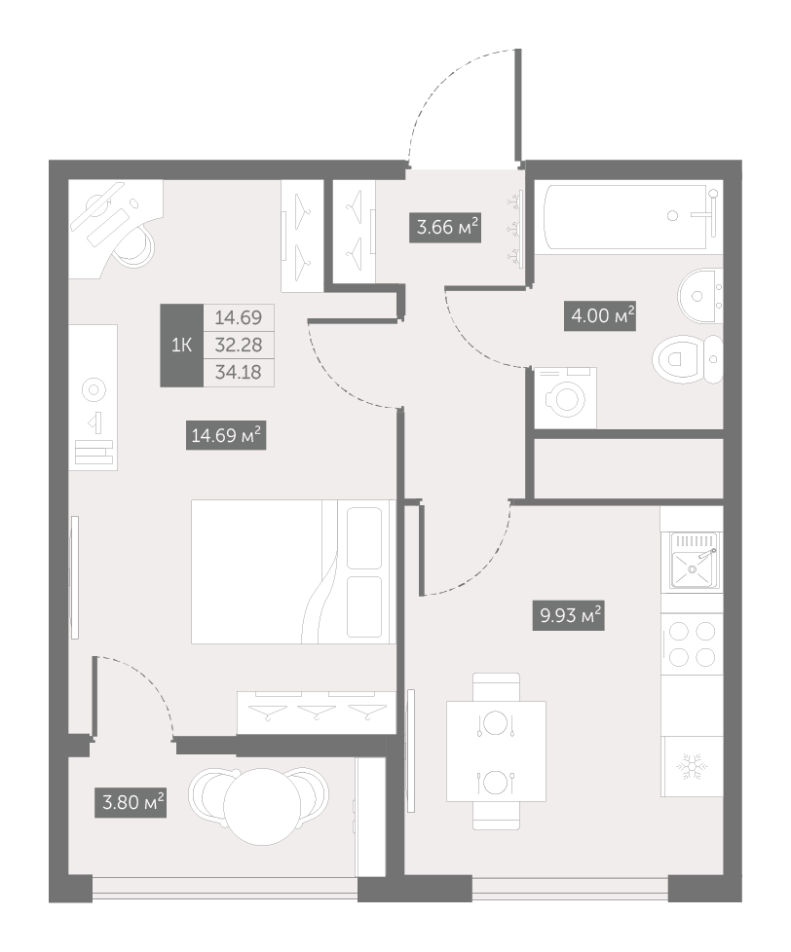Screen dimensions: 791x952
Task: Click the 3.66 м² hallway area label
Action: pyautogui.click(x=445, y=227)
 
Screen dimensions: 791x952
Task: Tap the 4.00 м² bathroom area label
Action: pyautogui.click(x=600, y=315)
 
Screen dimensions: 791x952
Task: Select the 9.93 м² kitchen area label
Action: pyautogui.click(x=568, y=615)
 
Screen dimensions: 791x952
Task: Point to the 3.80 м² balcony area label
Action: pyautogui.click(x=130, y=802)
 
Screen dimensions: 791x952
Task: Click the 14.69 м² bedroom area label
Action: pyautogui.click(x=226, y=435)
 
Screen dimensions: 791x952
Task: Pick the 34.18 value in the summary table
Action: pyautogui.click(x=238, y=372)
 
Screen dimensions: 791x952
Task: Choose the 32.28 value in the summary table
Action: pyautogui.click(x=238, y=345)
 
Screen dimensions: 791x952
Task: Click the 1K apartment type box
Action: pyautogui.click(x=181, y=346)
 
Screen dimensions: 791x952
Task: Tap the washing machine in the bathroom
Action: pyautogui.click(x=565, y=398)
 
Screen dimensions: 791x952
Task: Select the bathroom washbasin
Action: pyautogui.click(x=699, y=296)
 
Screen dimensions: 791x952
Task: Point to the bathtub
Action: pyautogui.click(x=632, y=217)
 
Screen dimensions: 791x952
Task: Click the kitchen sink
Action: pyautogui.click(x=694, y=561)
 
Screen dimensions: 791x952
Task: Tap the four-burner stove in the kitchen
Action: pyautogui.click(x=692, y=644)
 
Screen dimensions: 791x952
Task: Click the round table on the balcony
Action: pyautogui.click(x=262, y=806)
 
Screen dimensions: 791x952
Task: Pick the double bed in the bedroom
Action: pyautogui.click(x=293, y=571)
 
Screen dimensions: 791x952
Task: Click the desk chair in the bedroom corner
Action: pyautogui.click(x=134, y=246)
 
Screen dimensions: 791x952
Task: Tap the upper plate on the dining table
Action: pyautogui.click(x=496, y=723)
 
